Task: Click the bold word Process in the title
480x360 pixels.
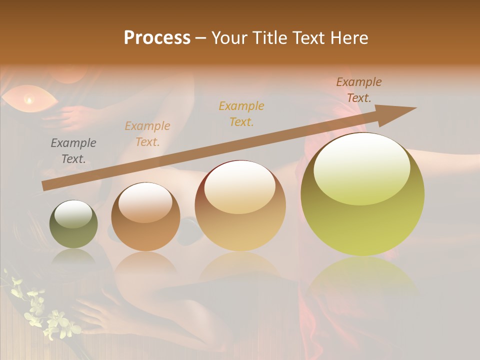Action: coord(157,38)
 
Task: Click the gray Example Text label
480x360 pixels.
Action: coord(73,151)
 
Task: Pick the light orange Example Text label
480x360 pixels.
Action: coord(147,134)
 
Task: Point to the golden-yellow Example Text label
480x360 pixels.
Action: coord(241,113)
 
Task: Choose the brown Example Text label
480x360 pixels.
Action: coord(358,90)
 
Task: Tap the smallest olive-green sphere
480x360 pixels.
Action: coord(73,224)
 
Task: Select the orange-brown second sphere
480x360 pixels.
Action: coord(145,216)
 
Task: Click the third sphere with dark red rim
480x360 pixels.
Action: coord(240,205)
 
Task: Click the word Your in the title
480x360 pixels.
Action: coord(230,38)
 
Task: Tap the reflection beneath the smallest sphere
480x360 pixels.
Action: coord(73,257)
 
